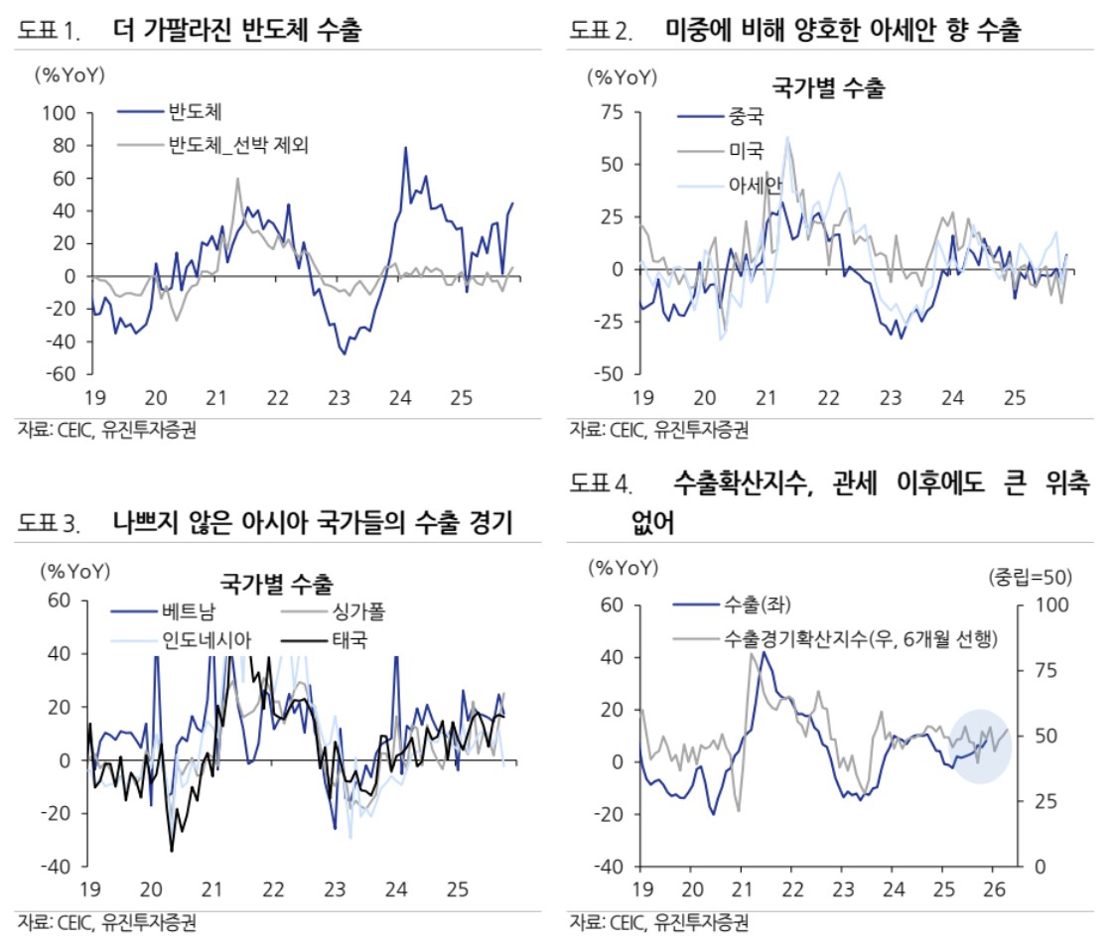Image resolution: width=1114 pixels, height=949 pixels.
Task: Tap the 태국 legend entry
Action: click(x=348, y=638)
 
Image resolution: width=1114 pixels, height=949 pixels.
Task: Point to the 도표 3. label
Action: click(x=52, y=524)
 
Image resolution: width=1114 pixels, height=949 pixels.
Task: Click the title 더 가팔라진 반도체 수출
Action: click(x=238, y=31)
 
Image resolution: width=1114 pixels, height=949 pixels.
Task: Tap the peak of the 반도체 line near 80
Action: click(x=405, y=147)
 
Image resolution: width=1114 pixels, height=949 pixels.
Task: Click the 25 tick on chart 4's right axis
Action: click(x=1035, y=801)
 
